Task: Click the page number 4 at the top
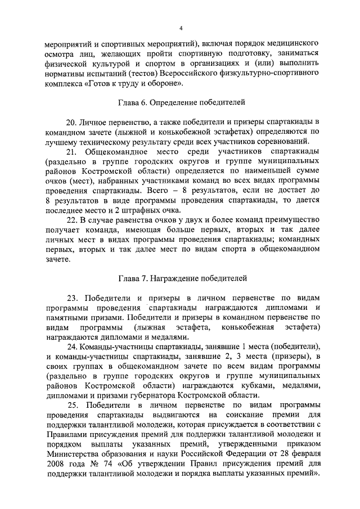coord(181,28)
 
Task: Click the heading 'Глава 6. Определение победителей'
coord(181,103)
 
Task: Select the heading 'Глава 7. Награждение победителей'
coord(181,278)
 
